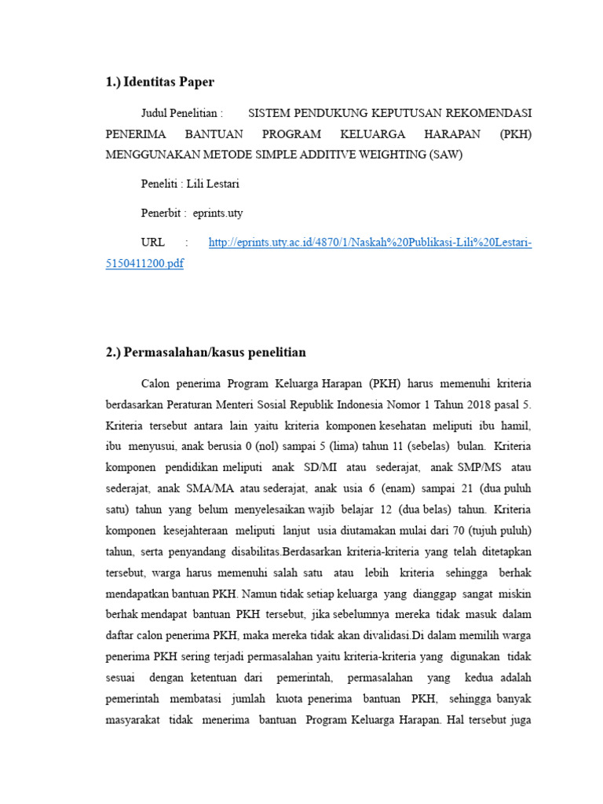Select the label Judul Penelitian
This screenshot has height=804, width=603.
point(178,113)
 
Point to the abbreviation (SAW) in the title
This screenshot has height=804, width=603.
point(446,155)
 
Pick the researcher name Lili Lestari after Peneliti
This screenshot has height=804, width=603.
point(213,184)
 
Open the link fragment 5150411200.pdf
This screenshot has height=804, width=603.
point(144,264)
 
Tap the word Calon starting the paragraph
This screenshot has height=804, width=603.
point(158,384)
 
